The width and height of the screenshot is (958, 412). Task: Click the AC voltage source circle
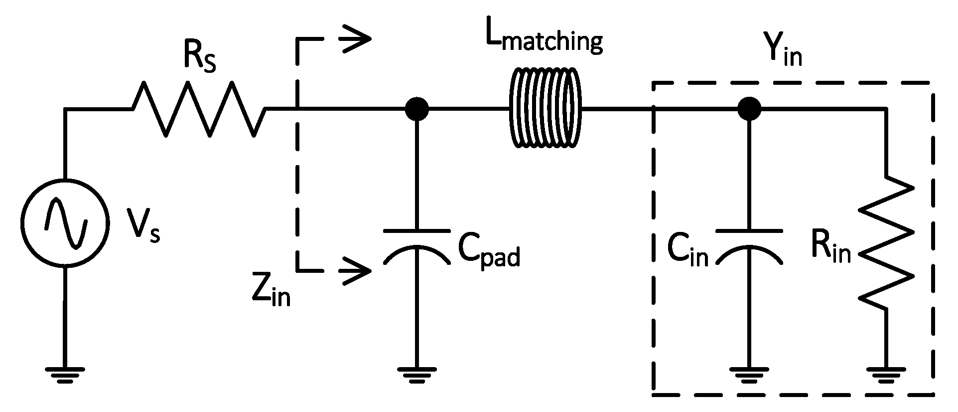(x=65, y=222)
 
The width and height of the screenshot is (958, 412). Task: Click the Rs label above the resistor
(x=199, y=60)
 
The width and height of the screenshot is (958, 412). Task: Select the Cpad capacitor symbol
(x=416, y=244)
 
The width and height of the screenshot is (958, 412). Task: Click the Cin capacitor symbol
(x=748, y=244)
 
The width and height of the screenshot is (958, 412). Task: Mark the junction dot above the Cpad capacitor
(x=416, y=108)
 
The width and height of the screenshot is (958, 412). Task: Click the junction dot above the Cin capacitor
(x=749, y=108)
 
